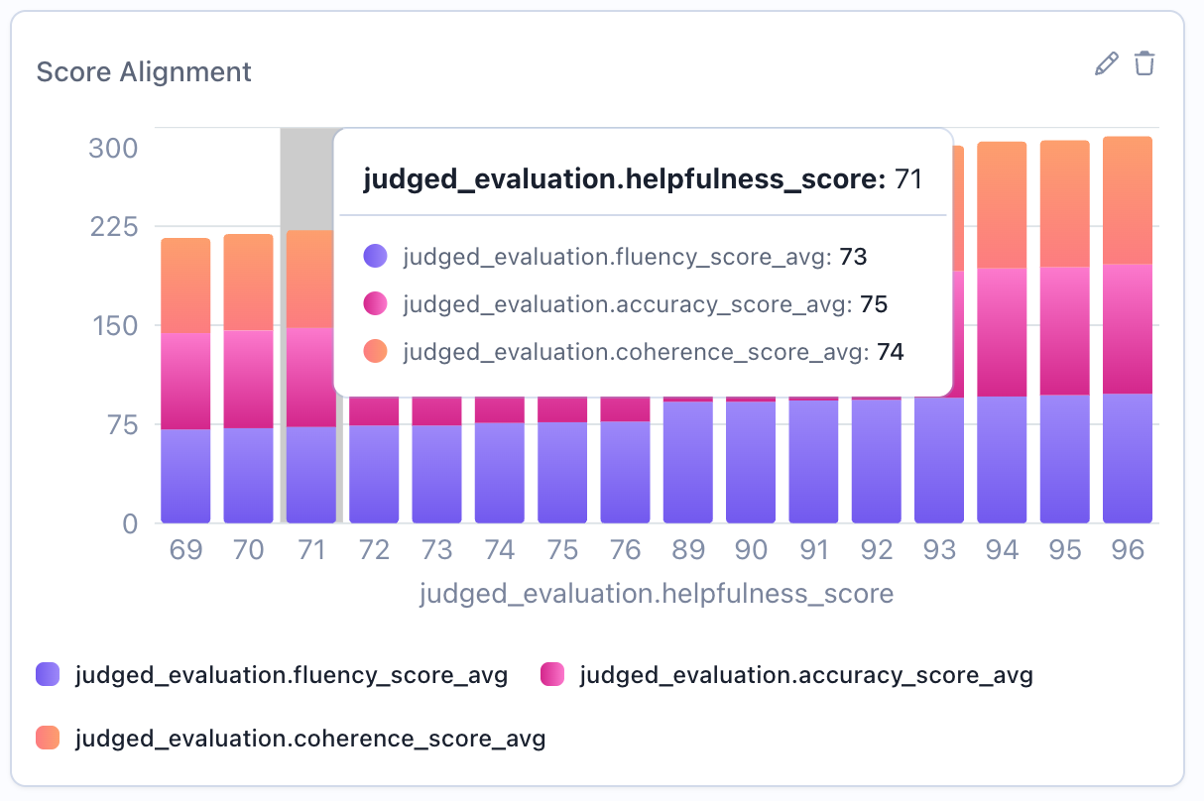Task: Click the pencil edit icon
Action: click(x=1106, y=64)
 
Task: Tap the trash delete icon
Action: click(x=1144, y=63)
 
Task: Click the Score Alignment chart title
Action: click(x=144, y=72)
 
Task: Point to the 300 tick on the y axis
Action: click(x=113, y=149)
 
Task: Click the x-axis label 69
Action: click(x=185, y=550)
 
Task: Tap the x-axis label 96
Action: click(x=1128, y=550)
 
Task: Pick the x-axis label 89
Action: click(x=688, y=550)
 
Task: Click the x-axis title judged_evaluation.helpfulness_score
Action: click(x=657, y=594)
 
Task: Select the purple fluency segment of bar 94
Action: click(x=1002, y=461)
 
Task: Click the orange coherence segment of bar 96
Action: click(x=1128, y=198)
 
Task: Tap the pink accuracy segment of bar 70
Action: click(x=248, y=379)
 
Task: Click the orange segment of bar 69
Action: click(x=185, y=285)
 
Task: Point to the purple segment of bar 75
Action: click(x=562, y=473)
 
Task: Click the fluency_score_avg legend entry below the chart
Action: click(x=272, y=676)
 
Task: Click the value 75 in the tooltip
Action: click(x=874, y=304)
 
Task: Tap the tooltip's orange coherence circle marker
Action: click(x=376, y=352)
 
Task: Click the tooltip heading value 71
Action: click(x=908, y=179)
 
